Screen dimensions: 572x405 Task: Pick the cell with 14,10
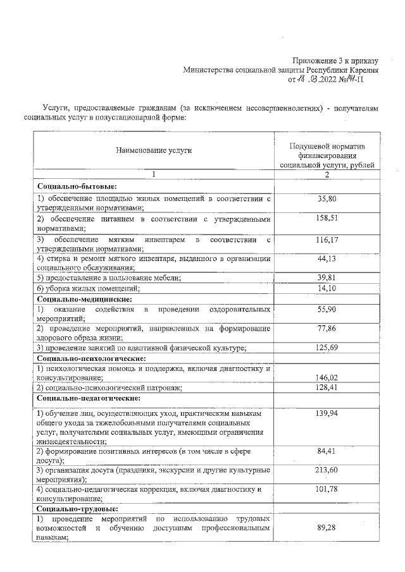pos(327,288)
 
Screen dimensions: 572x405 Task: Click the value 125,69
pos(327,348)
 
